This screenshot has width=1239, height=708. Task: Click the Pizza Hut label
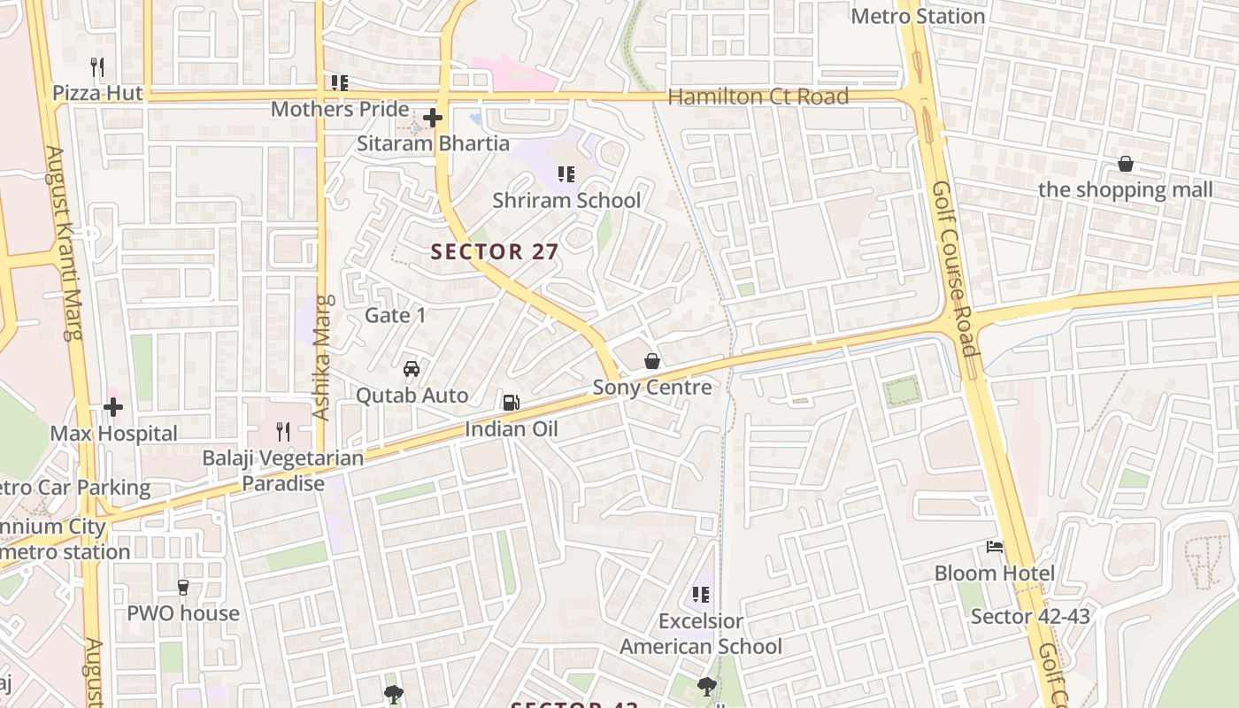[x=97, y=93]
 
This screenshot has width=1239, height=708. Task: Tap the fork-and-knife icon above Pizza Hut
[x=97, y=66]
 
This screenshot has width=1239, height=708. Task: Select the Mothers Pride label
[x=340, y=110]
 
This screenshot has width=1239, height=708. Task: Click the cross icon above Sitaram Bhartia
[x=433, y=117]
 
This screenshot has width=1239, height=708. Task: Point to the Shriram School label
[x=566, y=200]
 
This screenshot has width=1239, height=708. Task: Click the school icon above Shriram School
[x=566, y=173]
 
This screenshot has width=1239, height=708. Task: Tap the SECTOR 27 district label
[x=495, y=251]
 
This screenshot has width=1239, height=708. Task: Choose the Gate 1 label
[x=396, y=315]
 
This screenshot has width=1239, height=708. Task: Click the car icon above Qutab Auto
[x=412, y=368]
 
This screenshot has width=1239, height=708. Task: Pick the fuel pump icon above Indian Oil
[x=511, y=403]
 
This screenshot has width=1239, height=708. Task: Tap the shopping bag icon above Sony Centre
[x=652, y=361]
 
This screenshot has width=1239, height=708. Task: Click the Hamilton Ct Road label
[x=758, y=96]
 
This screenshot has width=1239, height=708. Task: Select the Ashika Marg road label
[x=322, y=357]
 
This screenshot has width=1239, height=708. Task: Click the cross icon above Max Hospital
[x=113, y=407]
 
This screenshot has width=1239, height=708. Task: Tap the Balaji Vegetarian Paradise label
[x=283, y=471]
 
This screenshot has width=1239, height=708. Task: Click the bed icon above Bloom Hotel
[x=995, y=547]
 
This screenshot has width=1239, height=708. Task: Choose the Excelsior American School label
[x=701, y=634]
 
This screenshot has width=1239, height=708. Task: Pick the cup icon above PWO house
[x=183, y=587]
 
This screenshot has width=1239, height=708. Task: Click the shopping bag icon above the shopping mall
[x=1126, y=164]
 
